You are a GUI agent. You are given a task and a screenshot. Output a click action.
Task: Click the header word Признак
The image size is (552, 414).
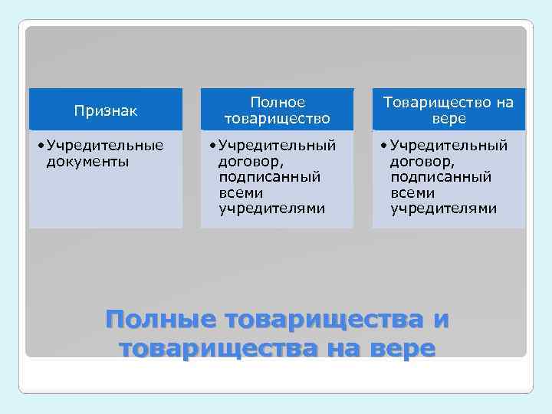[106, 110]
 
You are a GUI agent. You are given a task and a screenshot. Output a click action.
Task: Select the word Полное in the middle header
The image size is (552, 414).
[277, 102]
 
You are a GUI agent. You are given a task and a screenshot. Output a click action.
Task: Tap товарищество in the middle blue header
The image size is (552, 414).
[277, 118]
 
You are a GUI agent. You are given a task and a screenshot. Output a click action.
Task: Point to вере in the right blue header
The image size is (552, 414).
[449, 118]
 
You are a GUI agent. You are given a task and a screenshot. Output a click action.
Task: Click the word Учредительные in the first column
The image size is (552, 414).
[105, 146]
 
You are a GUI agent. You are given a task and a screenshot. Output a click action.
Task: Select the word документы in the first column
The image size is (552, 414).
[87, 161]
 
